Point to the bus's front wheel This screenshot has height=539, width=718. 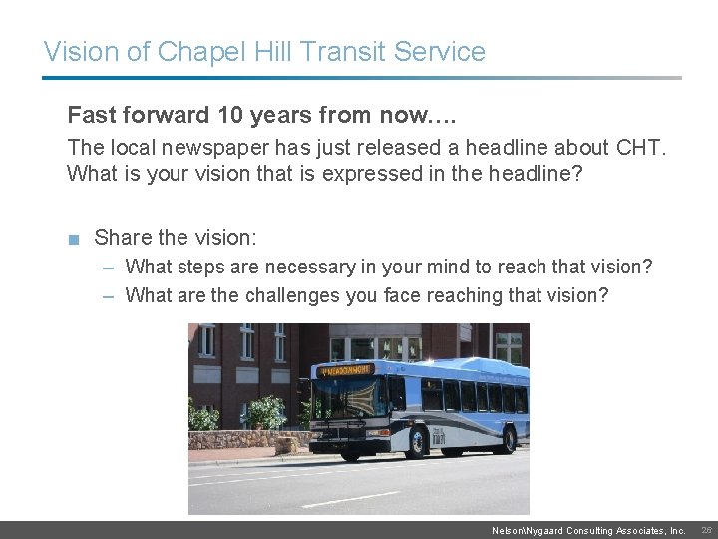pos(350,450)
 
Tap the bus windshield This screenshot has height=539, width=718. pos(345,399)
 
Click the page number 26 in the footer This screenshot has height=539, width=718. pos(706,531)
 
